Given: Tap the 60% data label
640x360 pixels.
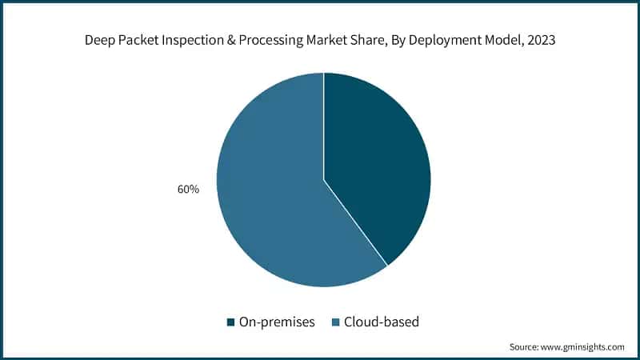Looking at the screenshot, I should tap(189, 190).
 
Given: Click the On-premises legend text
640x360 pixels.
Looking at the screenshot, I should tap(277, 322).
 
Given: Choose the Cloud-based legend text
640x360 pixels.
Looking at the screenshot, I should tap(382, 322).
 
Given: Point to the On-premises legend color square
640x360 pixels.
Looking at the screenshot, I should tap(231, 322).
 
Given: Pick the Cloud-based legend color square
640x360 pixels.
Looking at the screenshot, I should tap(336, 322).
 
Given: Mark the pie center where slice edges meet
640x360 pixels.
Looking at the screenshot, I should tap(324, 179).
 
